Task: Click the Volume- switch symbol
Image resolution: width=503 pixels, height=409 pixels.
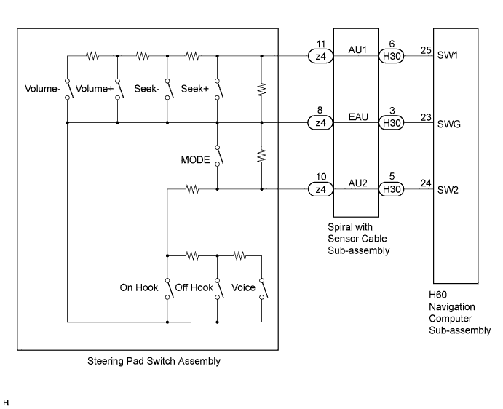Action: coord(69,89)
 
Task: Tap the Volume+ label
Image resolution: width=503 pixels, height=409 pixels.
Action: coord(95,89)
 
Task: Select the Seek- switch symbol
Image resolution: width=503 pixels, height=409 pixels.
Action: coord(170,89)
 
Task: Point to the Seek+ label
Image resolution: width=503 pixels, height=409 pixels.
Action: coord(194,89)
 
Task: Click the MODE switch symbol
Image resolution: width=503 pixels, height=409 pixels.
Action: coord(219,156)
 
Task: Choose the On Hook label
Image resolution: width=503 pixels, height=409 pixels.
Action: coord(139,287)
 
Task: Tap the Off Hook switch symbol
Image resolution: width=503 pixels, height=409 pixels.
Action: coord(219,289)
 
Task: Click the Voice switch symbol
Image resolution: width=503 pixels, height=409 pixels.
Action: coord(264,289)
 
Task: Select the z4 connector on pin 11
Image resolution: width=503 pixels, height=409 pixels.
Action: coord(320,57)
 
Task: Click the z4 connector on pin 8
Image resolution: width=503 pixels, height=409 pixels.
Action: coord(320,123)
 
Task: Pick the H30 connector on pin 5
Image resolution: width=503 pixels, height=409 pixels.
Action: coord(392,189)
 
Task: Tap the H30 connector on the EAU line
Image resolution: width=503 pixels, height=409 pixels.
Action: coord(392,123)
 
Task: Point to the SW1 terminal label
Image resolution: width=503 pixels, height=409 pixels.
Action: coord(448,55)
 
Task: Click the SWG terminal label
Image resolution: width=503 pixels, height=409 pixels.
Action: coord(449,124)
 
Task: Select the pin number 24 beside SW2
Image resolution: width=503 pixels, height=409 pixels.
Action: coord(426,183)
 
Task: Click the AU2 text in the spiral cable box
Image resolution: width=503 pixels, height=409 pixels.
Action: coord(357,183)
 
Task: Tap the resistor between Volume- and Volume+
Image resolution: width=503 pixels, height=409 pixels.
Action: coord(92,56)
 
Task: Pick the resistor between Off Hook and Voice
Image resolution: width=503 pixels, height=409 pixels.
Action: coord(239,255)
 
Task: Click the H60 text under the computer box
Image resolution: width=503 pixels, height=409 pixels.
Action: coord(438,295)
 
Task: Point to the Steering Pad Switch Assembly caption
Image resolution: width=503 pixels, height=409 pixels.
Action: coord(154,361)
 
